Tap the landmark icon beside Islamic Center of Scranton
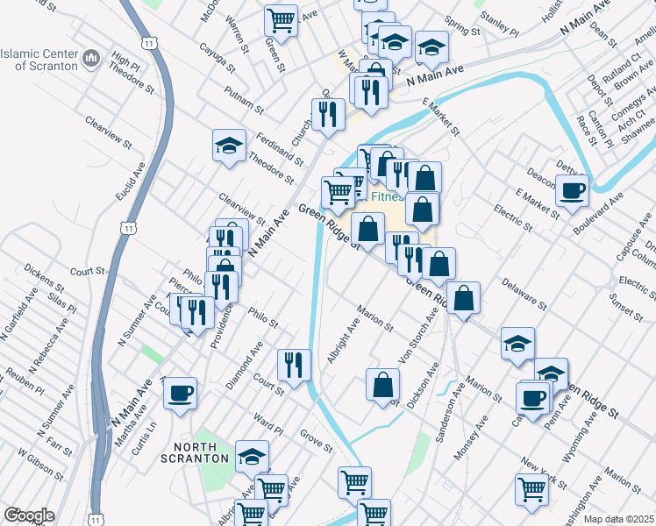click(91, 60)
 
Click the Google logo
click(29, 515)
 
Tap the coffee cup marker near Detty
click(572, 190)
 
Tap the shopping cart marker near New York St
click(531, 488)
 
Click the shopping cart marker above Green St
click(281, 19)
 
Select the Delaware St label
click(524, 295)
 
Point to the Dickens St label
click(44, 275)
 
